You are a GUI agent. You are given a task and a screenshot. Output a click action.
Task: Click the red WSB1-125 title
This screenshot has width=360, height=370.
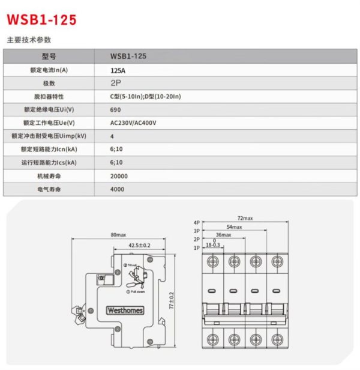tap(41, 19)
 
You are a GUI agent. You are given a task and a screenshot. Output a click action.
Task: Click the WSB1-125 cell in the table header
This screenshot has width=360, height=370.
tap(128, 56)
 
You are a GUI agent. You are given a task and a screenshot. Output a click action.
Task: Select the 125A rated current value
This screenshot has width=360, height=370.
tap(118, 70)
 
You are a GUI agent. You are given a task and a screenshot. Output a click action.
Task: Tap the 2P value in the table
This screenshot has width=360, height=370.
tap(116, 83)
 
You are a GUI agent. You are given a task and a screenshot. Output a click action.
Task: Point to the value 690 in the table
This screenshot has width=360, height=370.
tap(115, 110)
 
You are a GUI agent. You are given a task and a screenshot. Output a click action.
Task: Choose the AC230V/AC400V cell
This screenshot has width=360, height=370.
tap(133, 123)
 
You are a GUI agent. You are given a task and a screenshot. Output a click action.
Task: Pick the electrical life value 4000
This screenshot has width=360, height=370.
tap(118, 189)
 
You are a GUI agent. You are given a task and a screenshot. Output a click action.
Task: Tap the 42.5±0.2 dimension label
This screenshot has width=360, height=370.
tap(139, 245)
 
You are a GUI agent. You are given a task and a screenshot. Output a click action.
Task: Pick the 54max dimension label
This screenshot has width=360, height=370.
tap(234, 226)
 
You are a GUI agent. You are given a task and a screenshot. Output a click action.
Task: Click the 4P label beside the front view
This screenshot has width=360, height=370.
tap(196, 222)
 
